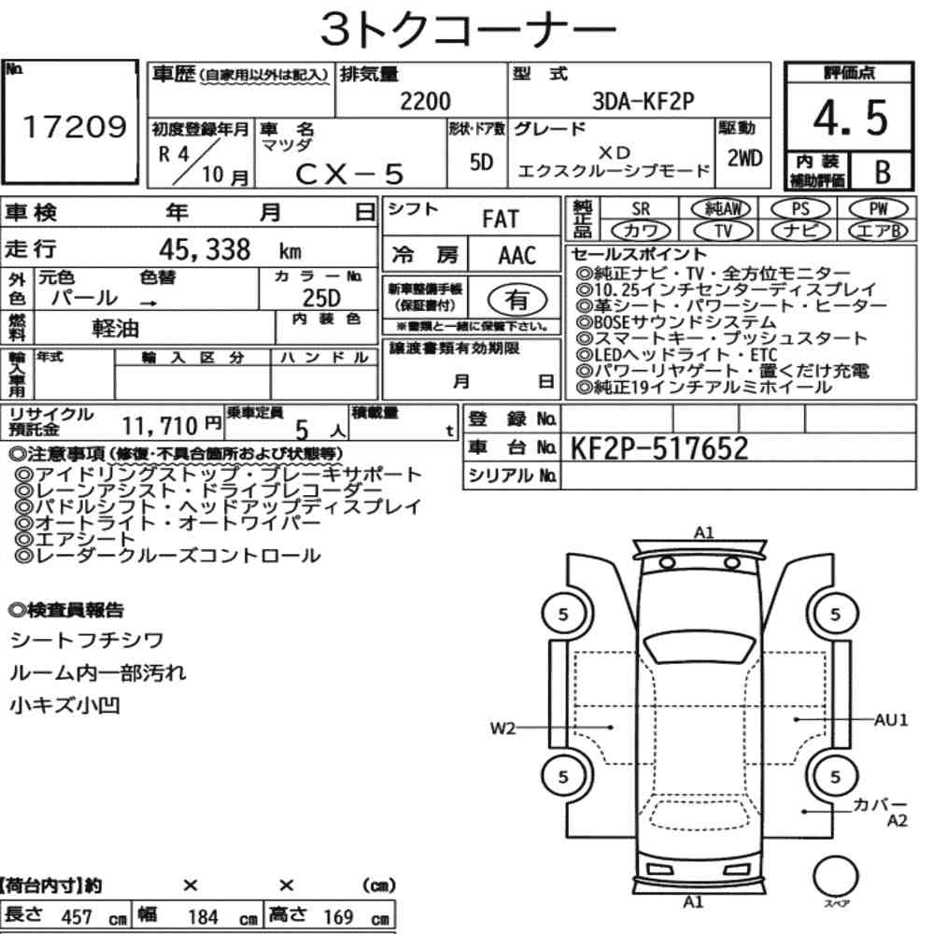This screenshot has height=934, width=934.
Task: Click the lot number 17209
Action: [x=74, y=128]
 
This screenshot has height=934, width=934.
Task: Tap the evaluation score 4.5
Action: [x=849, y=119]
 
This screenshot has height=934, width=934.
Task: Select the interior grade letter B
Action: [x=882, y=171]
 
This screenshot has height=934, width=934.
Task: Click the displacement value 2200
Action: [x=424, y=101]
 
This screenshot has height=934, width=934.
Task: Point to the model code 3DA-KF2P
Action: [x=643, y=101]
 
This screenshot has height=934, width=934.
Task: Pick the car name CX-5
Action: [x=349, y=173]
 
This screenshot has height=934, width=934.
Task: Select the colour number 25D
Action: [x=321, y=298]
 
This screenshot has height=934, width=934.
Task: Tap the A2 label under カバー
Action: [x=897, y=822]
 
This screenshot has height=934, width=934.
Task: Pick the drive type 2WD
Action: [x=743, y=158]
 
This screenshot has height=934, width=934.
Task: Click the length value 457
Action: [x=76, y=916]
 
